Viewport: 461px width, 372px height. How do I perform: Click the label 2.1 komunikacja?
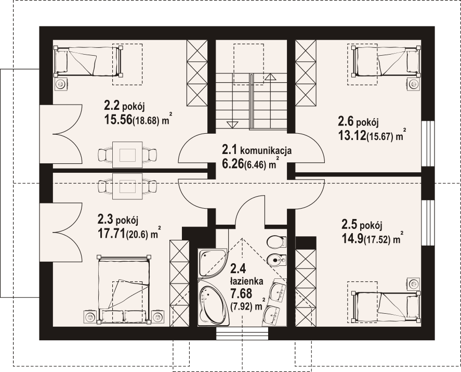253,150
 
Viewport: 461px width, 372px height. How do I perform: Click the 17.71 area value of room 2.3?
111,233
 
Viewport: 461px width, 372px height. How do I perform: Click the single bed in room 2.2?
88,61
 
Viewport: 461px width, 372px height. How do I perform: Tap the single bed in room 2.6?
386,61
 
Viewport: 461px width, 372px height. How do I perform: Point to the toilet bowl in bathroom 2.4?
275,241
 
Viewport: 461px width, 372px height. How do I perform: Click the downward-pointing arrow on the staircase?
232,124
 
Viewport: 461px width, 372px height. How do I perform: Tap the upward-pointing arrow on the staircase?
270,77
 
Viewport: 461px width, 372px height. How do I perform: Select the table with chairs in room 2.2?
127,155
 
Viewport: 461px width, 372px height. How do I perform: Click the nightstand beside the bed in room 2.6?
414,84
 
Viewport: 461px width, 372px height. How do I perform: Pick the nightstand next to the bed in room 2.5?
414,283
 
